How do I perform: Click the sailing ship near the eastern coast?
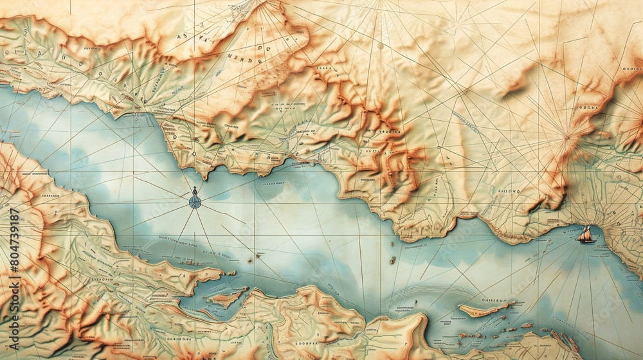click(585, 235)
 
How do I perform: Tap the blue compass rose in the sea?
click(195, 201)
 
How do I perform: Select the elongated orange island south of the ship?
click(481, 310)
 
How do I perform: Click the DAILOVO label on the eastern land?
click(510, 190)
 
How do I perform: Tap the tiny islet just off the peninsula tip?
click(230, 273)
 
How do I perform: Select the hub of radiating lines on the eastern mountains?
click(566, 136)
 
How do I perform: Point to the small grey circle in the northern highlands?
click(380, 46)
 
